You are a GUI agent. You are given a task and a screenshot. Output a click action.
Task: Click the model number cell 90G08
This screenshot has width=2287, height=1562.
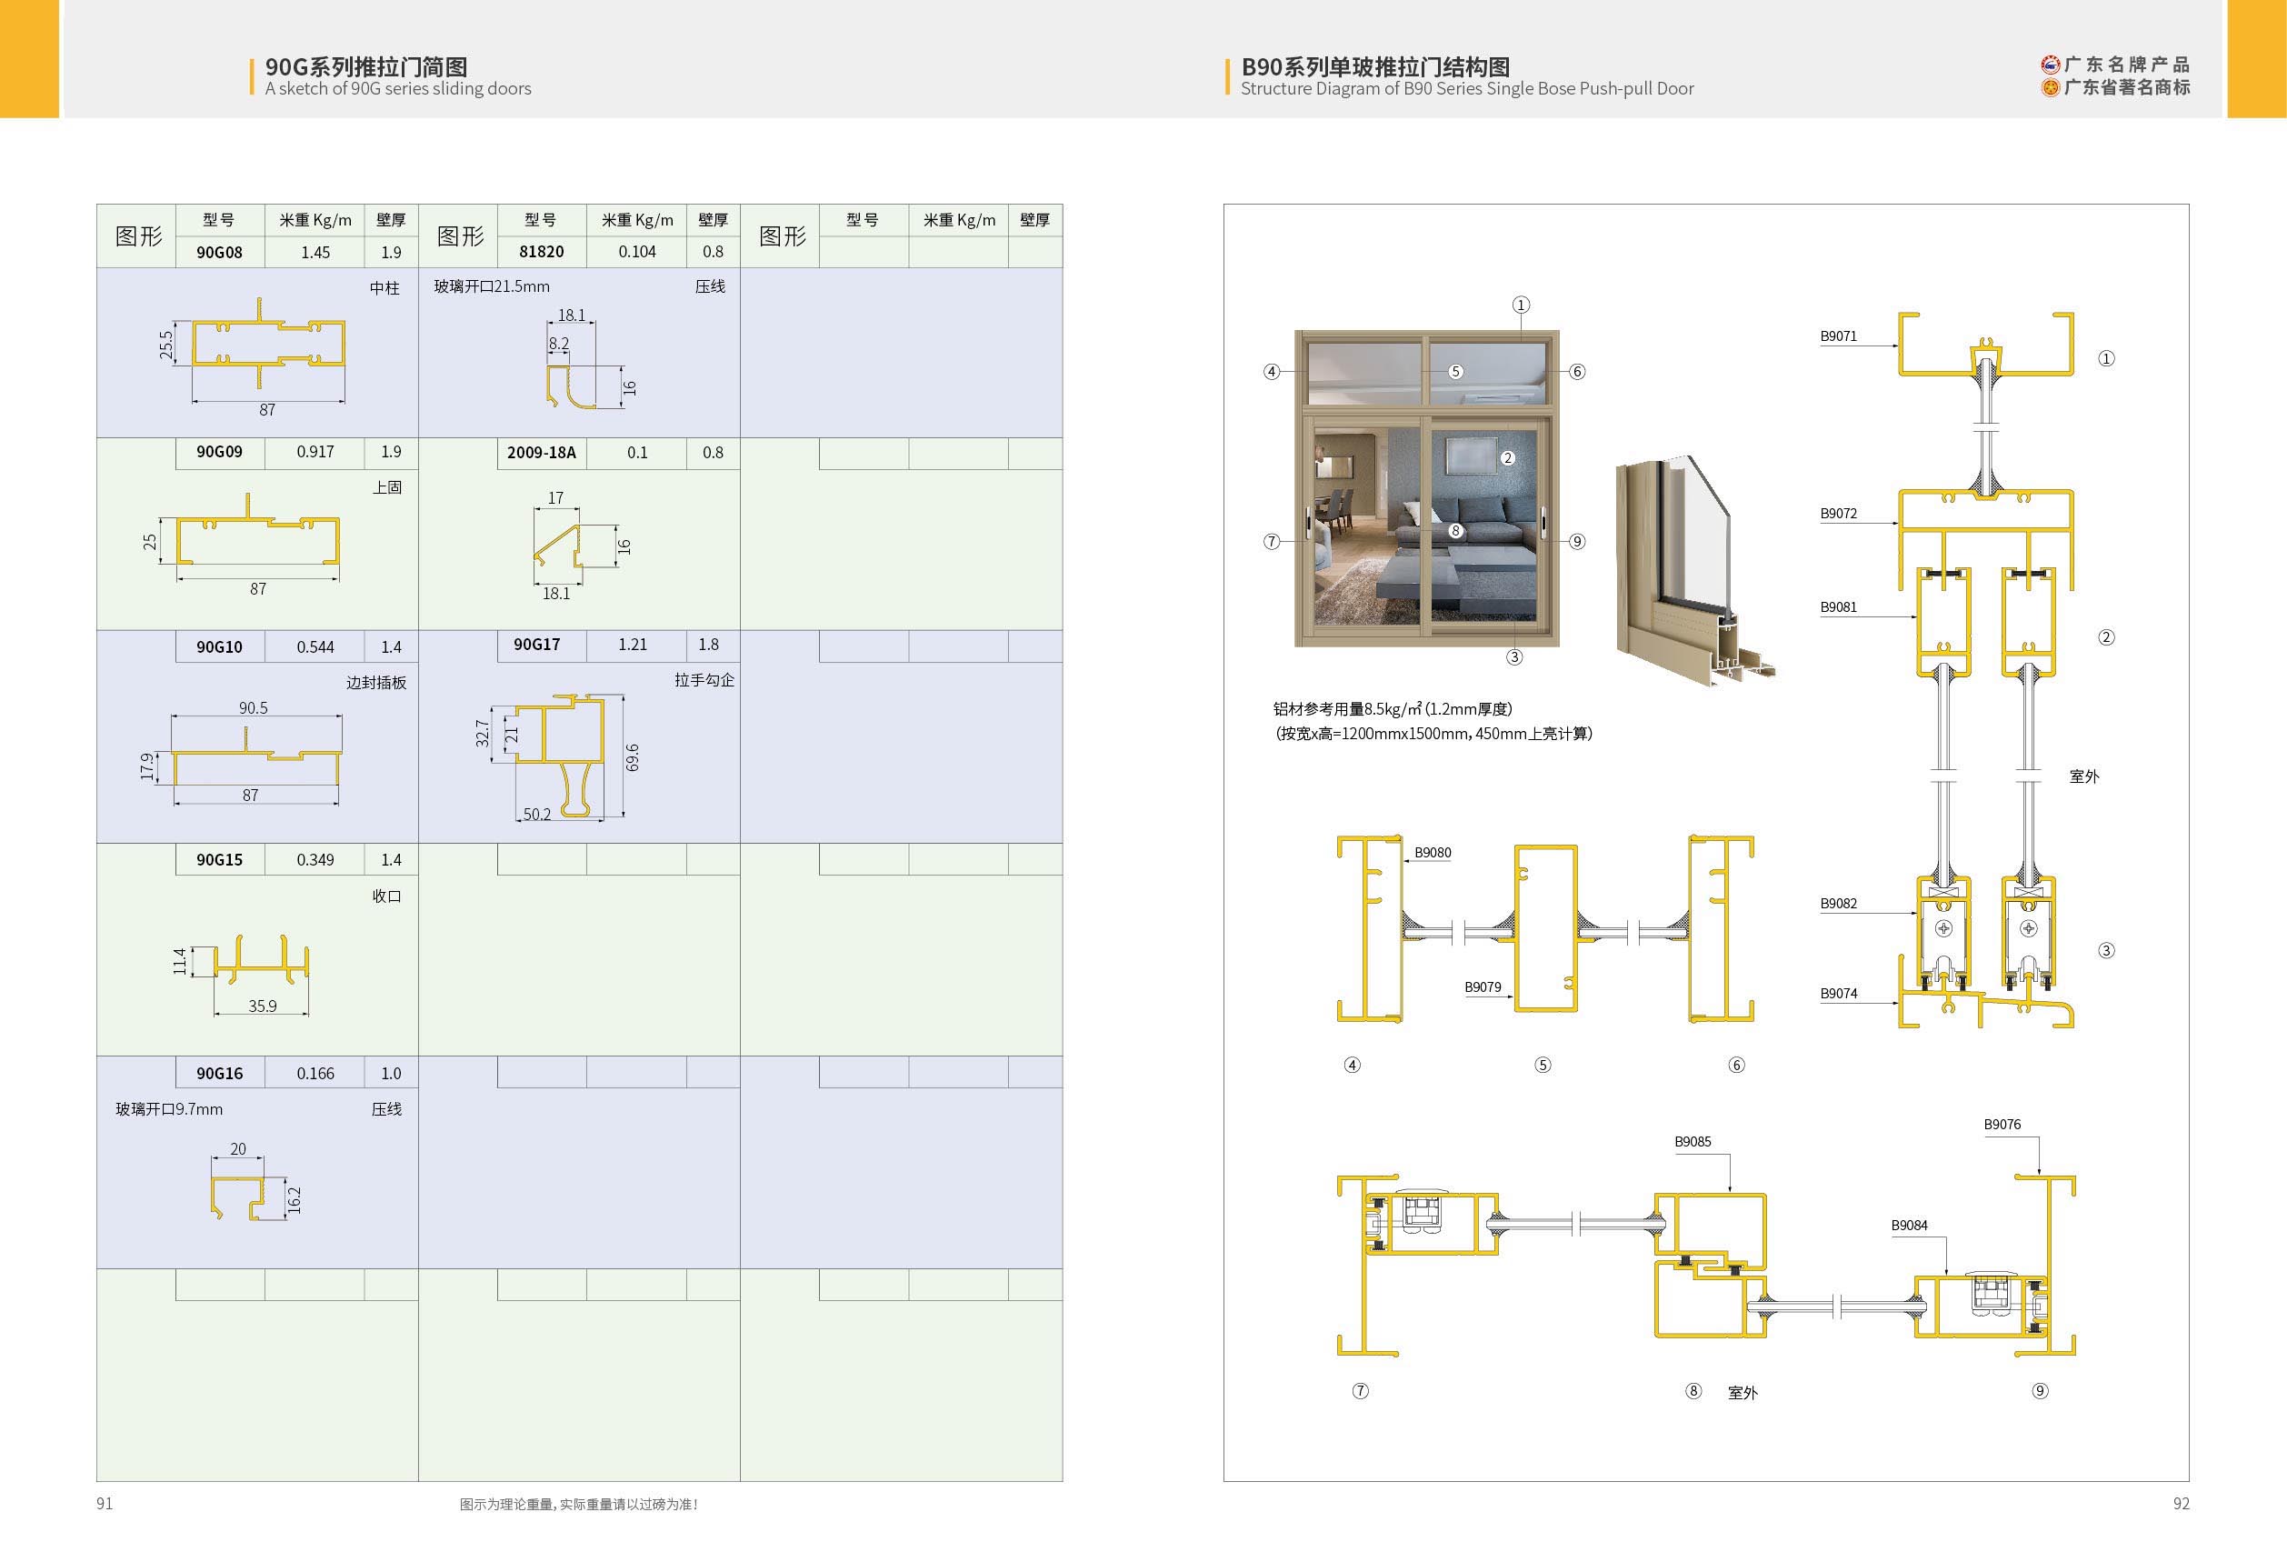click(x=219, y=252)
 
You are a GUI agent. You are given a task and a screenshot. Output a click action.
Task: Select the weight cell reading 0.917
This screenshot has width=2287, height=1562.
click(x=315, y=452)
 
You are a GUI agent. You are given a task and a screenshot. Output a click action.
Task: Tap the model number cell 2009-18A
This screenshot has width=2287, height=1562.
click(x=541, y=453)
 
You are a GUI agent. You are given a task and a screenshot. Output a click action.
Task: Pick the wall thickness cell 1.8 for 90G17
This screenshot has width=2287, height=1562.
click(x=708, y=645)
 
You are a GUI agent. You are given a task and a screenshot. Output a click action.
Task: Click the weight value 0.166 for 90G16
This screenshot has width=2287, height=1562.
click(x=315, y=1073)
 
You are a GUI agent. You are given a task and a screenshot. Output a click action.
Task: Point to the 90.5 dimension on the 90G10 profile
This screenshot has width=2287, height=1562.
click(x=253, y=707)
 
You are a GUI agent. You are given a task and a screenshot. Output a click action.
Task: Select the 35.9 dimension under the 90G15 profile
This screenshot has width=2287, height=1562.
click(x=263, y=1006)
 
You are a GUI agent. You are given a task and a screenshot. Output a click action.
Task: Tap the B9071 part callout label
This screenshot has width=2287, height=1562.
click(x=1838, y=336)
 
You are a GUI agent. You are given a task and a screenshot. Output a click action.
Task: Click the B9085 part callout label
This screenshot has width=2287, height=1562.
click(x=1693, y=1142)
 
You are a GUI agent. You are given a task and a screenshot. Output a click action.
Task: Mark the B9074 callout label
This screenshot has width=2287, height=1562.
click(x=1838, y=994)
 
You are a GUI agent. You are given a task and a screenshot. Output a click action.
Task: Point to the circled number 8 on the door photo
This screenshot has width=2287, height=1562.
click(x=1455, y=530)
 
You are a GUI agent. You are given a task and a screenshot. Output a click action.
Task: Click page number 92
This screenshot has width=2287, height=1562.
click(x=2182, y=1503)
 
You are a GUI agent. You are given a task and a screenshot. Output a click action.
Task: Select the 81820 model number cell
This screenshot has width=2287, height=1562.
click(x=541, y=252)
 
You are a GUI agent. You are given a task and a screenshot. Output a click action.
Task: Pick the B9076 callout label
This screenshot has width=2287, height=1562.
click(x=2002, y=1124)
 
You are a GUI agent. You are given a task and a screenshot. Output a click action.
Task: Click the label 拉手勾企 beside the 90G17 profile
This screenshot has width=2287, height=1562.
click(x=704, y=680)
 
